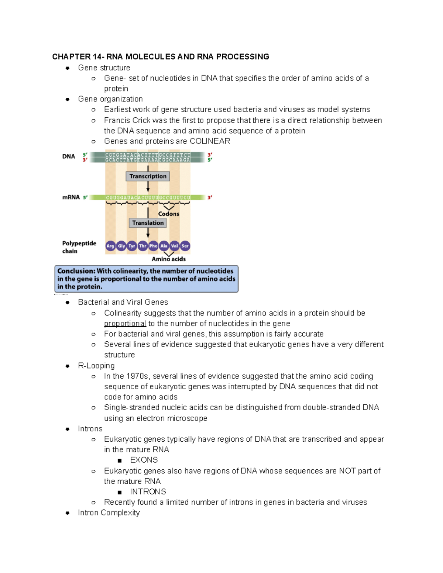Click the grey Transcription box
pos(148,176)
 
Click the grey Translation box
pos(148,223)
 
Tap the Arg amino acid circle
pos(110,246)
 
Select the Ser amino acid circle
pos(185,246)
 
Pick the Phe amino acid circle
pos(153,246)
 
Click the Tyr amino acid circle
pos(132,246)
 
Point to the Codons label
pos(169,214)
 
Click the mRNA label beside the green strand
pos(71,197)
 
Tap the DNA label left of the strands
pos(69,156)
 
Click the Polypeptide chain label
pos(79,247)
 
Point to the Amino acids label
pos(169,259)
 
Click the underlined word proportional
pos(125,324)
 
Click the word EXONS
pos(144,460)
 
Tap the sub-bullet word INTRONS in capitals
pos(148,492)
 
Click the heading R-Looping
pos(96,366)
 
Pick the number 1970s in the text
pos(137,376)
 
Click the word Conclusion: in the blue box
pos(76,271)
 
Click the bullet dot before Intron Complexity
pos(68,513)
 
